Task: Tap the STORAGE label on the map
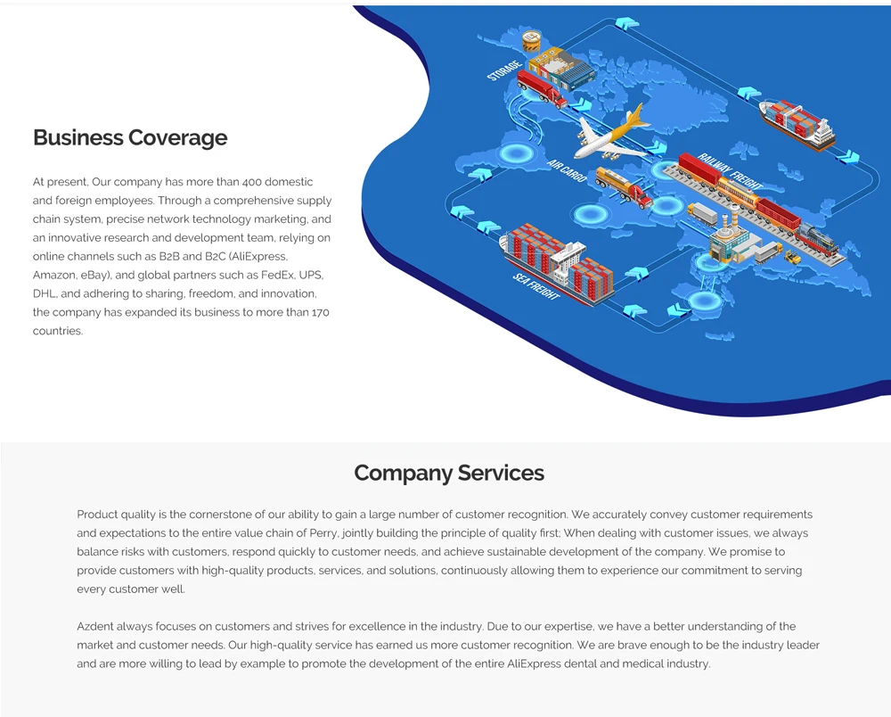(504, 70)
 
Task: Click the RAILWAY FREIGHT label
(731, 169)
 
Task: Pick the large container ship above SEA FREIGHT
(558, 262)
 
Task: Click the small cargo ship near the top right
(797, 122)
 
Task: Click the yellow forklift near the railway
(791, 258)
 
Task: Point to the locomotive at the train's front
(817, 238)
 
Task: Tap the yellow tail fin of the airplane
(637, 117)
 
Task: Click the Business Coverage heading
(130, 137)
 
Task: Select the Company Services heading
(449, 473)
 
